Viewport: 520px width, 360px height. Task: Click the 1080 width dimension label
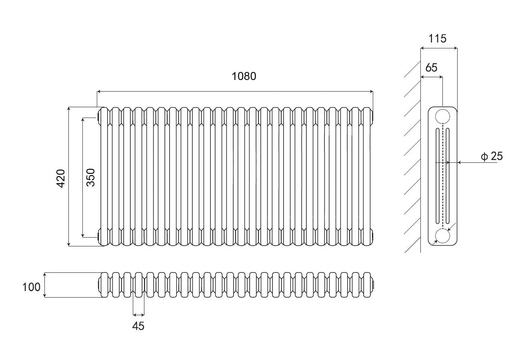point(244,76)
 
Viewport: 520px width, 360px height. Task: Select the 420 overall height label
point(61,178)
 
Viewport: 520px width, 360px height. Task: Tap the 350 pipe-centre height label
point(90,178)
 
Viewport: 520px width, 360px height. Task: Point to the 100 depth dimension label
point(31,287)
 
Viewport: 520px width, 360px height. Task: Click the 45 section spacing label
point(138,326)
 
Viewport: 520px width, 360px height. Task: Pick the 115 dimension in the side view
point(437,38)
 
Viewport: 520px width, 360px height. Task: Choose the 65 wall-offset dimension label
point(431,68)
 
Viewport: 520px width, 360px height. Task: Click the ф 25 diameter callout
point(492,156)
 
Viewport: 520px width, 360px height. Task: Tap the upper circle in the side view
point(442,116)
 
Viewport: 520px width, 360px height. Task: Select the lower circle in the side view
point(442,236)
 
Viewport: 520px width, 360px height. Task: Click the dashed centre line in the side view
point(443,176)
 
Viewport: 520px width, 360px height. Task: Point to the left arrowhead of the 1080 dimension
point(99,92)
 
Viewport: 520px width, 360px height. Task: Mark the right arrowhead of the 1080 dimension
point(371,92)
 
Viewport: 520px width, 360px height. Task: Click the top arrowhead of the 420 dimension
point(68,109)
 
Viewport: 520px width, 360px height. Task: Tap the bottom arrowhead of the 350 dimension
point(83,235)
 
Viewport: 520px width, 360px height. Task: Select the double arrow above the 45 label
point(138,315)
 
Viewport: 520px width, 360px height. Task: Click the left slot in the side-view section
point(438,176)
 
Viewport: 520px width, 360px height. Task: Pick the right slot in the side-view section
point(448,176)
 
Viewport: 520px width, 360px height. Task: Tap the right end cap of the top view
point(373,285)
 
